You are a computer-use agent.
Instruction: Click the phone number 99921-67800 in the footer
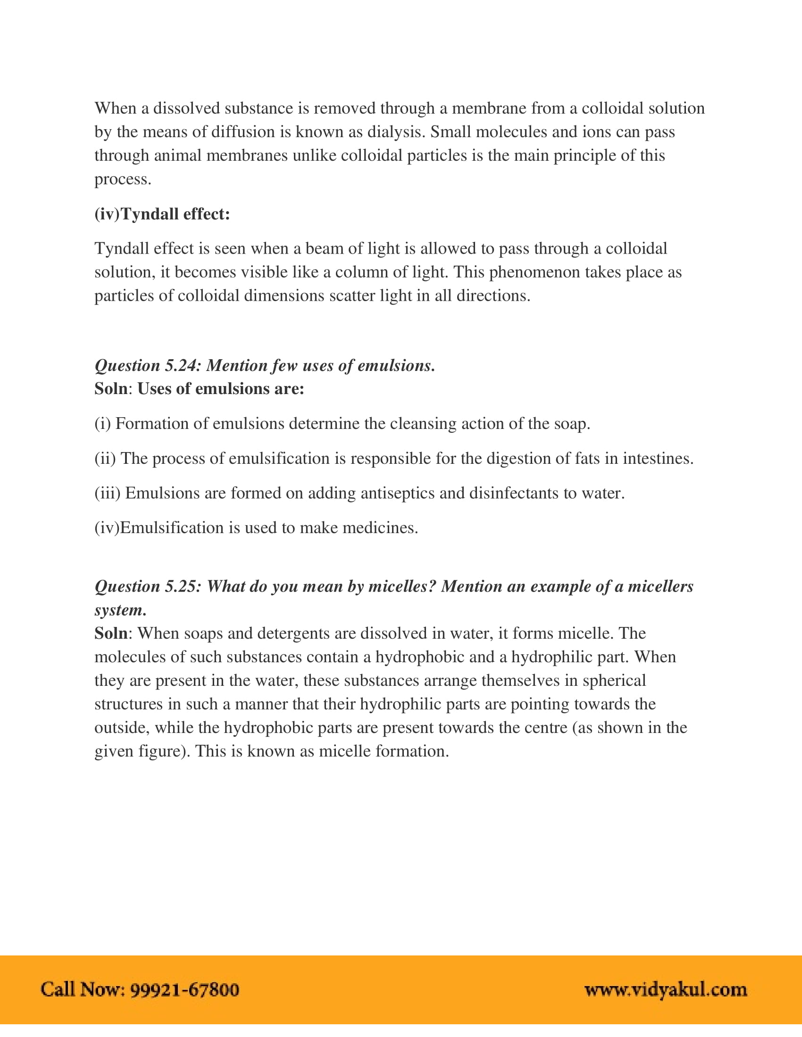[184, 990]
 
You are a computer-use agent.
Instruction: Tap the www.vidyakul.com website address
[666, 990]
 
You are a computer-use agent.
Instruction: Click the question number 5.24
[181, 366]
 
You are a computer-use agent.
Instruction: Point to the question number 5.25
[181, 587]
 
